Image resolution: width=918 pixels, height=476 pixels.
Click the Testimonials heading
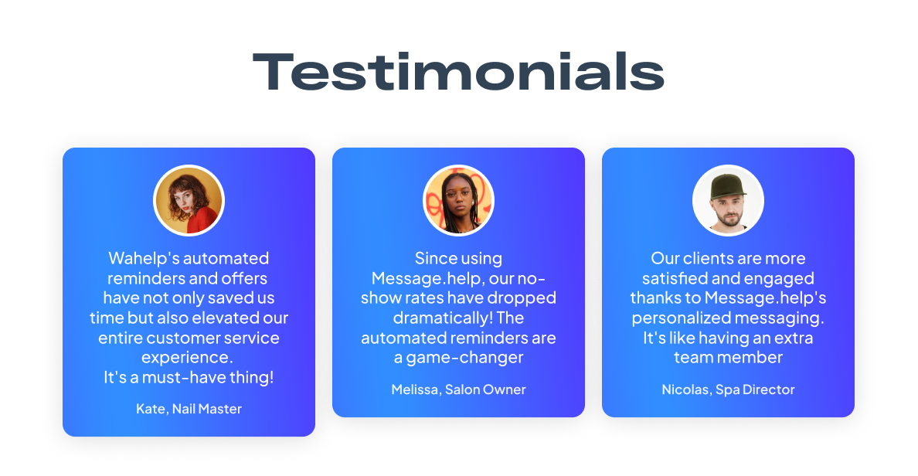(x=458, y=72)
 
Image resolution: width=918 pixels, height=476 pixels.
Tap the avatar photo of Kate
(x=189, y=200)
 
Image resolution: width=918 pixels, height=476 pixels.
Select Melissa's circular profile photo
(x=458, y=200)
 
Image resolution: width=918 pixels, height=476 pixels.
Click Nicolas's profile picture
(x=728, y=200)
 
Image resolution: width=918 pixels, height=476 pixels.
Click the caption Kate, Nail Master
(x=189, y=409)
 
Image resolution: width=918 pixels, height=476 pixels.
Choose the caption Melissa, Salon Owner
(x=458, y=389)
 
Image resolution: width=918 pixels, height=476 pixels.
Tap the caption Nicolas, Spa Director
(x=728, y=389)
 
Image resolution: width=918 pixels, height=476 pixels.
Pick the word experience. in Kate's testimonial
(x=187, y=358)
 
